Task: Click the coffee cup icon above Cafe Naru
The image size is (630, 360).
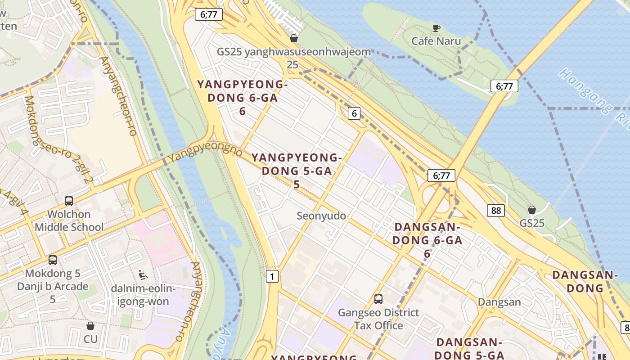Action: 436,28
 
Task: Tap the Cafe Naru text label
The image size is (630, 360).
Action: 436,41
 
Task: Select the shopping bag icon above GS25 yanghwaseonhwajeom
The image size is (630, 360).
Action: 294,38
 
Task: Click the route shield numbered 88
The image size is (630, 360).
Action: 495,211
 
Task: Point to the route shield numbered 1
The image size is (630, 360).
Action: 272,276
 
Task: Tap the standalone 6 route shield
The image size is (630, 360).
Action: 354,113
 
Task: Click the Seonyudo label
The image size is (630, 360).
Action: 321,216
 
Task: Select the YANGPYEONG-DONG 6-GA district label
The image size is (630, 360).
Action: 243,97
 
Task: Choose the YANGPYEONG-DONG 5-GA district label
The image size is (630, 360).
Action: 297,171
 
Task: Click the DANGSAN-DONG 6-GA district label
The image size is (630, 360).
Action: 427,240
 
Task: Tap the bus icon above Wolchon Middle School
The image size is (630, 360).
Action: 69,201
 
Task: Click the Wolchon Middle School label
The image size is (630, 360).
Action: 69,220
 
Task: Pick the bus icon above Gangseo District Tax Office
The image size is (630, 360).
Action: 378,299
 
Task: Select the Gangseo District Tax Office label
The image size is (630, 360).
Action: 378,319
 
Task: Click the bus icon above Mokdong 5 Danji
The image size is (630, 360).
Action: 53,260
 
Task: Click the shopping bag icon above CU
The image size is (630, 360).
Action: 90,326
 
